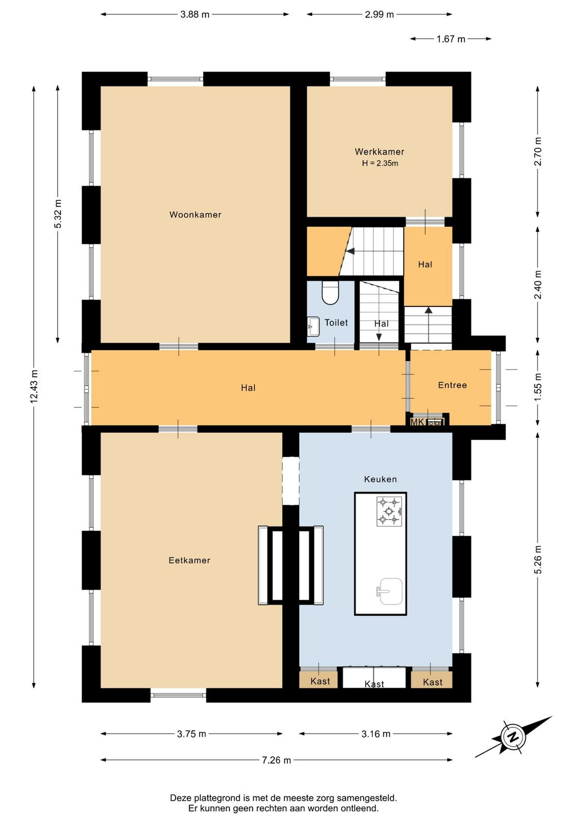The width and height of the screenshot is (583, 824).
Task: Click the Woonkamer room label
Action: point(195,214)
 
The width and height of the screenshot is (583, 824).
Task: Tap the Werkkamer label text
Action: point(380,151)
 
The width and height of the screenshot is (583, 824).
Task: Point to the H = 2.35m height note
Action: point(380,163)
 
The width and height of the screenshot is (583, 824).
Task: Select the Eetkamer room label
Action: point(190,560)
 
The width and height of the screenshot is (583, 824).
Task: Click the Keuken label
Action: point(380,479)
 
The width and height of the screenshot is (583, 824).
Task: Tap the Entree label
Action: point(452,385)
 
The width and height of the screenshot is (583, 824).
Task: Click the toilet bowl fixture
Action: point(330,293)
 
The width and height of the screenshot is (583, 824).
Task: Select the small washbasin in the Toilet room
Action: point(313,326)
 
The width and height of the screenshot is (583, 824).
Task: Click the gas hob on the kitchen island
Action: point(389,511)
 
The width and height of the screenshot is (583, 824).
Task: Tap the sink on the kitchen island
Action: point(390,591)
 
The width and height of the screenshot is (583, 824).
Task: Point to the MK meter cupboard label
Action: point(417,422)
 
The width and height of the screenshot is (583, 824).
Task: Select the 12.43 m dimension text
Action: point(34,386)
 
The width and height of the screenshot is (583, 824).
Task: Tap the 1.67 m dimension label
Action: point(451,39)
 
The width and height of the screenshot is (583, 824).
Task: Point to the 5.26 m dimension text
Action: point(538,559)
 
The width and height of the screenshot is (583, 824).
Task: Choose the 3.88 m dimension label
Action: point(195,15)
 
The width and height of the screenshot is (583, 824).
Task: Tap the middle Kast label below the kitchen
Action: point(374,684)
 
